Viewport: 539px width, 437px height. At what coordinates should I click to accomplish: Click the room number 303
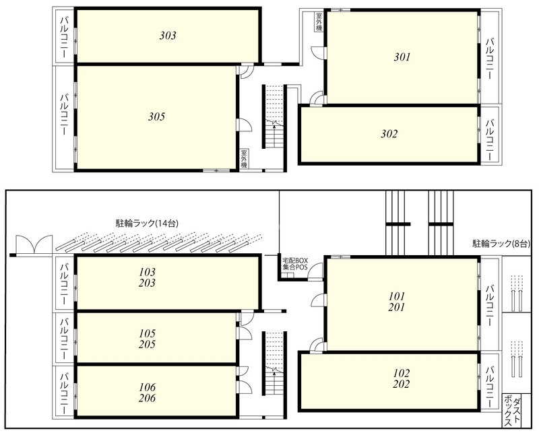point(168,36)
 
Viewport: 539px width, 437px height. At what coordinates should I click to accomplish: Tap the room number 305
point(157,116)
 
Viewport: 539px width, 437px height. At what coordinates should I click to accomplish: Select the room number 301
point(402,57)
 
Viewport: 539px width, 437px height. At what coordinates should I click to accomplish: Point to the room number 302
point(389,133)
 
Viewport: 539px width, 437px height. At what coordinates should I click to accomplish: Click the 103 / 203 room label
point(147,277)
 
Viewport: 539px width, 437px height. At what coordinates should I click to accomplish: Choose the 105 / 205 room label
point(147,339)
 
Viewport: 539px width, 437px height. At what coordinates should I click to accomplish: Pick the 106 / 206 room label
point(147,393)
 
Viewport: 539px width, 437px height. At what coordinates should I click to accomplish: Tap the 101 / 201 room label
point(397,302)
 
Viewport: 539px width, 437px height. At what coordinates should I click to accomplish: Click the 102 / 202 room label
point(402,378)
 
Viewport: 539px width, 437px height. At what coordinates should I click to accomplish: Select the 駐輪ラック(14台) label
point(147,224)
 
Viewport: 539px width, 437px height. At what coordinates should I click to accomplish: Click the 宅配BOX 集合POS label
point(295,263)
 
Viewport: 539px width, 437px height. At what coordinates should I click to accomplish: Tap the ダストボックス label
point(512,411)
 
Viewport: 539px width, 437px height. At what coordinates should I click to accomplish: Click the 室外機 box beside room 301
point(319,22)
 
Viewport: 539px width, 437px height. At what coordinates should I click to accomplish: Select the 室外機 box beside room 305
point(244,159)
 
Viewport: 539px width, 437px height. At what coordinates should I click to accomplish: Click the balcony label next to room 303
point(64,36)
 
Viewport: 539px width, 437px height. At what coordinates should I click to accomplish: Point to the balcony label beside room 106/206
point(64,392)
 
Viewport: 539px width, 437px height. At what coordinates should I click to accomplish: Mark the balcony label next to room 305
point(64,114)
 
